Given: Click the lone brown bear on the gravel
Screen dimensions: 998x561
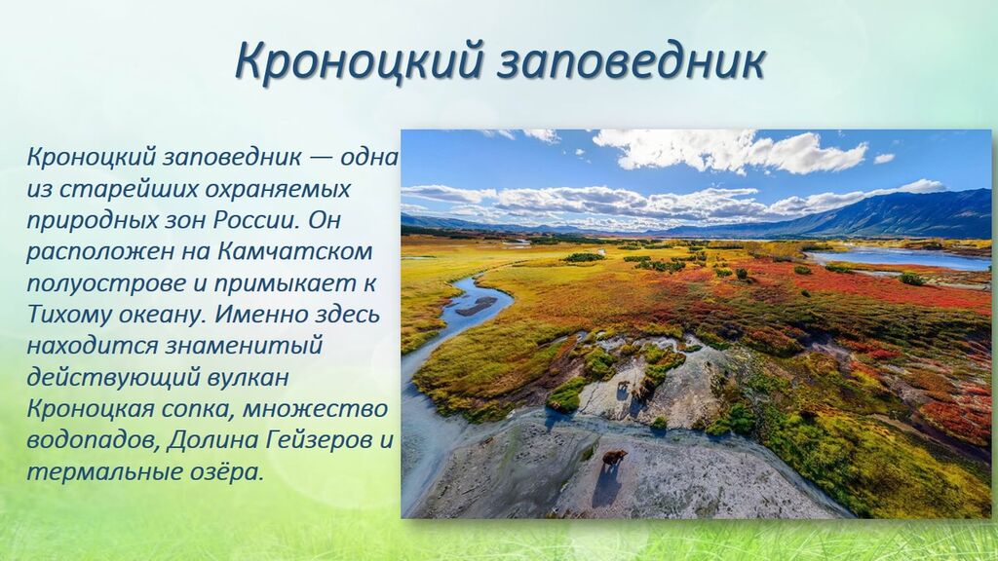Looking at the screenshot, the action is tap(614, 458).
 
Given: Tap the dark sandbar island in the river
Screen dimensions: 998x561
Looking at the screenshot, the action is tap(476, 306).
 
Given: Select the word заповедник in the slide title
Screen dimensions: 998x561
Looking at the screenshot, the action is tap(631, 61).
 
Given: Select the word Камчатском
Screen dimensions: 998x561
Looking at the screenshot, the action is tap(294, 251).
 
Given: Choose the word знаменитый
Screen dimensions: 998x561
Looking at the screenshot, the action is tap(244, 346).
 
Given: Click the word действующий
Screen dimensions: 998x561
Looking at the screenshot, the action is tap(113, 378).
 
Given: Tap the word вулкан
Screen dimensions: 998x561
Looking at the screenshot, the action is tap(249, 377).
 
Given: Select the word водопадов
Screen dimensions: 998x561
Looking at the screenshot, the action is tap(93, 441).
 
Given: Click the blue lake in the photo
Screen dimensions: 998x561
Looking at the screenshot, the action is tap(898, 257).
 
